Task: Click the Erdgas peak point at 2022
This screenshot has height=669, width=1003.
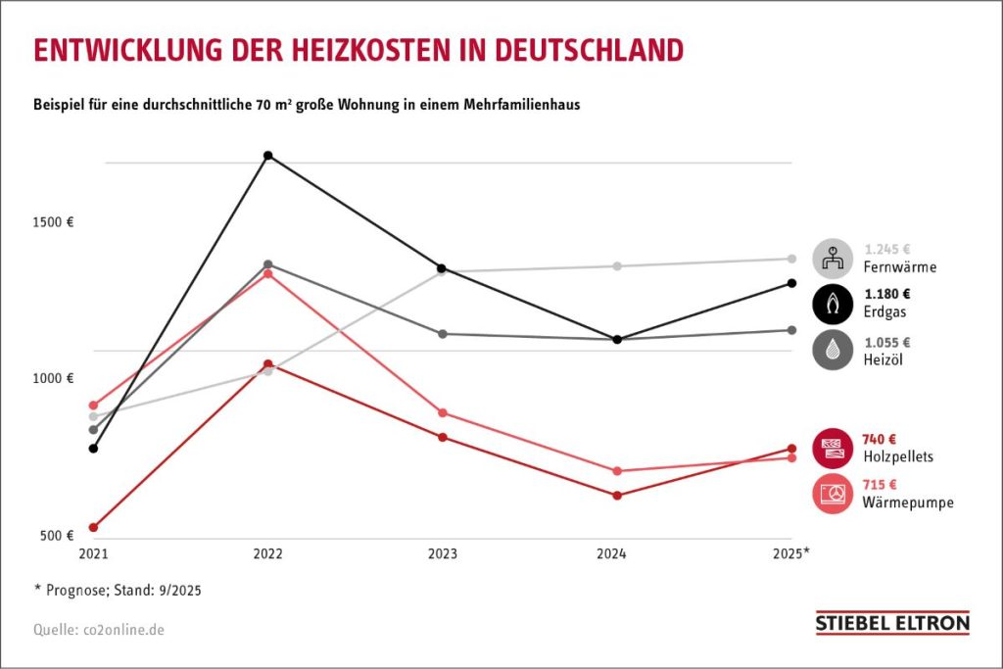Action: click(x=267, y=156)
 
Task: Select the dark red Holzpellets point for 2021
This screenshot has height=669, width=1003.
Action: click(x=93, y=528)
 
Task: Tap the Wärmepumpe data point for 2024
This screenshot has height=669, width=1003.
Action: click(x=617, y=471)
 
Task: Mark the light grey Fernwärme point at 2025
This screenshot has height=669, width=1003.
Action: click(x=791, y=259)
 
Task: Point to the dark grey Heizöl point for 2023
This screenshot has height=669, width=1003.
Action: click(x=442, y=334)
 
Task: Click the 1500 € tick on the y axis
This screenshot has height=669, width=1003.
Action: click(x=55, y=221)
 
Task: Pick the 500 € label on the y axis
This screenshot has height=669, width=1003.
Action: click(x=58, y=535)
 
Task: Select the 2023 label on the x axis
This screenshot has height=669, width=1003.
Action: click(x=442, y=554)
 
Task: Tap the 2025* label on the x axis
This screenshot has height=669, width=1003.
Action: click(x=791, y=554)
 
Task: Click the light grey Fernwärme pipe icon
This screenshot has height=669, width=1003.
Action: click(x=833, y=259)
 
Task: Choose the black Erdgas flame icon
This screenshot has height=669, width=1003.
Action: click(x=833, y=304)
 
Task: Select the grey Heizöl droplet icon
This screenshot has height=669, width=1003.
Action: click(x=833, y=351)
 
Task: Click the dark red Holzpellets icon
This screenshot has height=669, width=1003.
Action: click(x=833, y=448)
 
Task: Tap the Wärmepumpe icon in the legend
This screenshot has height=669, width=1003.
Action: click(x=833, y=493)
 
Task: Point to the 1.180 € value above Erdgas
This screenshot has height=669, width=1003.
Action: click(x=886, y=294)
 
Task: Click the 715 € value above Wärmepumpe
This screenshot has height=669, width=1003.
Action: click(x=880, y=484)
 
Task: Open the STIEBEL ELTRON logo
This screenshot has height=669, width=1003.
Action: click(x=892, y=623)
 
